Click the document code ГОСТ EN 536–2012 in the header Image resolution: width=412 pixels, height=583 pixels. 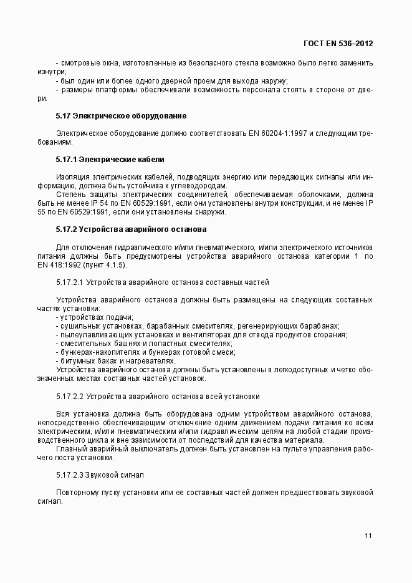click(337, 43)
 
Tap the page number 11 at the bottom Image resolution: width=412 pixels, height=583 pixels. click(368, 535)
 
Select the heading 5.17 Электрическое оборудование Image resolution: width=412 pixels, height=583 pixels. click(121, 116)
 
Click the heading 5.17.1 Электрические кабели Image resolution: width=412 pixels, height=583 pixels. click(110, 159)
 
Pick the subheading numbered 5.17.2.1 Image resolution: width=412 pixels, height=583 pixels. click(70, 282)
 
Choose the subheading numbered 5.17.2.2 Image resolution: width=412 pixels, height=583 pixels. click(70, 396)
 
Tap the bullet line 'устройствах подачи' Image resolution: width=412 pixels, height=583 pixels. click(89, 317)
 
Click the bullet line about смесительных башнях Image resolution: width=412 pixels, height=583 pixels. click(143, 344)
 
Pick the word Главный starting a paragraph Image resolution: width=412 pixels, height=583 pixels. click(70, 448)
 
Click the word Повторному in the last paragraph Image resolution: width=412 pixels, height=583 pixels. click(77, 492)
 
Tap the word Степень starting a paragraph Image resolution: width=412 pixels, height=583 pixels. click(70, 194)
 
